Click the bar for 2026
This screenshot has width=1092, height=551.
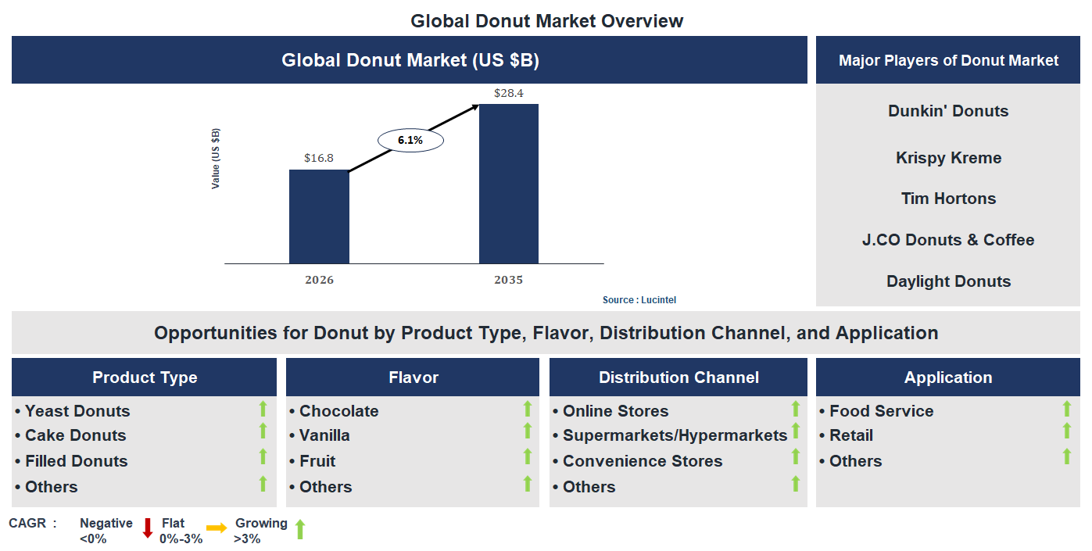click(319, 216)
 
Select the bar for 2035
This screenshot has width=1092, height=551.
click(508, 184)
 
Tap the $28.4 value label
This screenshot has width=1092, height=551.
click(508, 93)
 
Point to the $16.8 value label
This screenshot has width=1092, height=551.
click(319, 158)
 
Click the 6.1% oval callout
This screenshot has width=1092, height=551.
click(410, 141)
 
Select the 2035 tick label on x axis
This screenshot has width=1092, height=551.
click(508, 280)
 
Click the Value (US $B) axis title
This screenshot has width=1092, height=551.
click(216, 159)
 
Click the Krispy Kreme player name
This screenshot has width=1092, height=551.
click(948, 158)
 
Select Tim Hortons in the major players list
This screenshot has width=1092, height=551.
click(948, 199)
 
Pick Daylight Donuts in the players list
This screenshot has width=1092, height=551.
click(948, 281)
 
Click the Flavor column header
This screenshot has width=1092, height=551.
click(413, 377)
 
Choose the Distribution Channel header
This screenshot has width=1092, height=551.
click(678, 377)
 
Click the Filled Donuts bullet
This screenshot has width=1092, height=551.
click(76, 461)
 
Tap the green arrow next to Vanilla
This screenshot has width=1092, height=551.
click(528, 431)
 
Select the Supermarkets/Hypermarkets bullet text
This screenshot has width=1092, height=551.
click(675, 435)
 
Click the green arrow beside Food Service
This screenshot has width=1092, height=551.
click(1066, 409)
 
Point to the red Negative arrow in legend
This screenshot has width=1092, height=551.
click(147, 528)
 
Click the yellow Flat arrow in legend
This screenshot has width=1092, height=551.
click(217, 528)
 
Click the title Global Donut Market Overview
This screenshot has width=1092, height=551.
click(546, 21)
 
